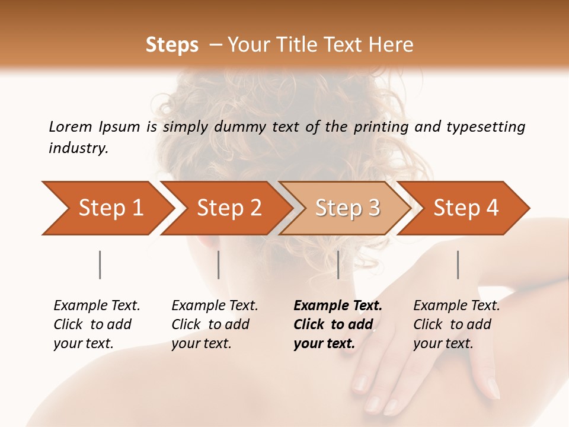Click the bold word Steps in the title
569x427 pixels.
[172, 45]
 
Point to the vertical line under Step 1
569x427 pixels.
[100, 265]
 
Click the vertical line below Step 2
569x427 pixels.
[219, 265]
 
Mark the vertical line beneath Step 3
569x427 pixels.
[338, 265]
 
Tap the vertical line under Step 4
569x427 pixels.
[458, 265]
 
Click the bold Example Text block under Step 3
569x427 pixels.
[338, 324]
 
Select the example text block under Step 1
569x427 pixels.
[97, 324]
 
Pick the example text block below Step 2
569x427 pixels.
[215, 324]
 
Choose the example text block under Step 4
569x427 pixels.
[456, 324]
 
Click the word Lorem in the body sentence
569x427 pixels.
[71, 127]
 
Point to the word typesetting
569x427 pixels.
[485, 127]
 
